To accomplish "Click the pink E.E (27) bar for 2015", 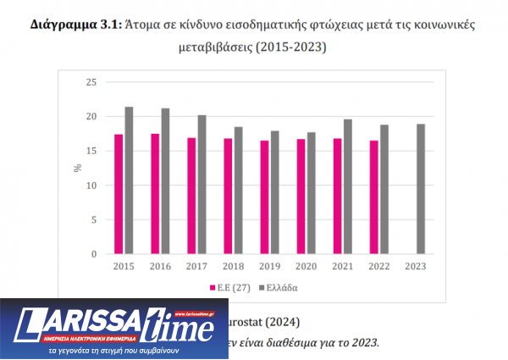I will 118,195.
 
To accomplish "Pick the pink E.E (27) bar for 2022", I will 374,197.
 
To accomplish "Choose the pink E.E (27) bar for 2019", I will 264,197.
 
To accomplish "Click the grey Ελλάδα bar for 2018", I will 238,191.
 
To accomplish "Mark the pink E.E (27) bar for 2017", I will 191,196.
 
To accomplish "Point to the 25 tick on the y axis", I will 91,82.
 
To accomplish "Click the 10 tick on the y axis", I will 91,186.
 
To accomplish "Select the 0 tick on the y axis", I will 94,254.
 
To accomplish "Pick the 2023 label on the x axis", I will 417,266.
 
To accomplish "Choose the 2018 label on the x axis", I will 233,266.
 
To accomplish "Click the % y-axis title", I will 77,168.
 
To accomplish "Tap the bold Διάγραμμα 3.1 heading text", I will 75,25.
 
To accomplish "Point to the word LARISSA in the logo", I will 80,321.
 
